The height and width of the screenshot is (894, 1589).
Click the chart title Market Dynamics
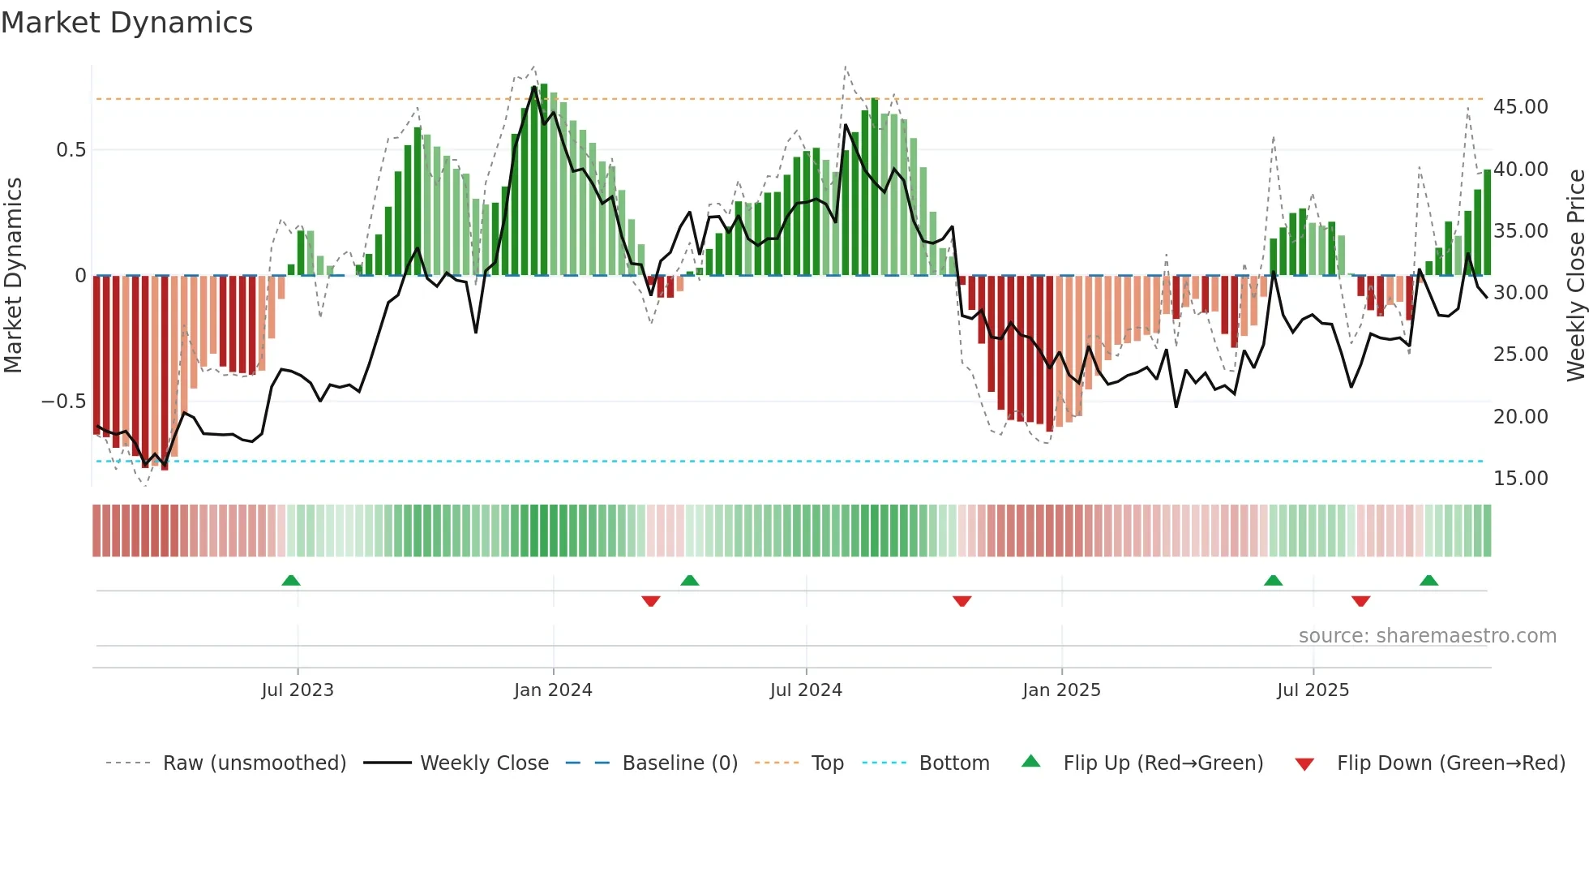tap(127, 23)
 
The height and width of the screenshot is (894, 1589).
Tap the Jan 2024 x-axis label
tap(553, 690)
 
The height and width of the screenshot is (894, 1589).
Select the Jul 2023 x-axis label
tap(298, 690)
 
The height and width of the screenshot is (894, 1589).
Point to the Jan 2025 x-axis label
tap(1061, 690)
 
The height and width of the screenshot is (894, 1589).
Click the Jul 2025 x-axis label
tap(1313, 690)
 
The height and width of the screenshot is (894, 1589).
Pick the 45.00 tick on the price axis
tap(1520, 107)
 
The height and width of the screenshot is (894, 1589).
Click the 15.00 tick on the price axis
tap(1520, 479)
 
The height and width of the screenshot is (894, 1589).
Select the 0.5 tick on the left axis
tap(71, 150)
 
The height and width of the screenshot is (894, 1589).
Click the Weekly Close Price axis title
tap(1575, 276)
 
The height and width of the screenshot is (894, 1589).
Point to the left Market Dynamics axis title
tap(13, 276)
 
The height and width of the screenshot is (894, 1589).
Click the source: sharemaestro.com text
tap(1427, 636)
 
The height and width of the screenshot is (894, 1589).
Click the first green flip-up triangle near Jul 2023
tap(291, 580)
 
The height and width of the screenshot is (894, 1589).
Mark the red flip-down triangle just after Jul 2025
tap(1360, 601)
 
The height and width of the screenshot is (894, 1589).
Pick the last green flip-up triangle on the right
tap(1428, 580)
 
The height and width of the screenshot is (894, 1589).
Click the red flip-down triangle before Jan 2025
tap(962, 601)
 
